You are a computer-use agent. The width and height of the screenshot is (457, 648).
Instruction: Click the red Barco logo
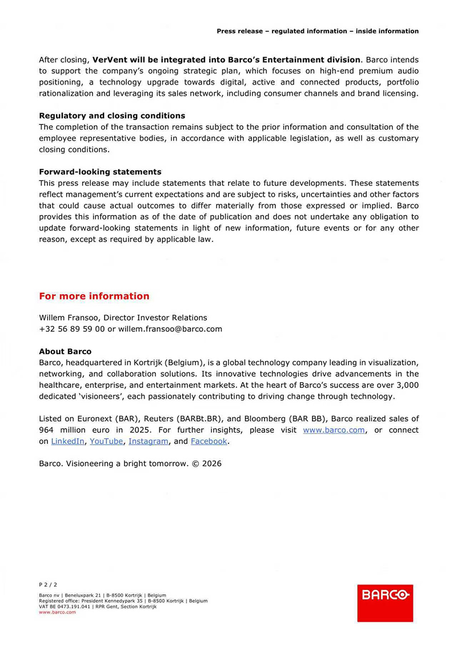[384, 602]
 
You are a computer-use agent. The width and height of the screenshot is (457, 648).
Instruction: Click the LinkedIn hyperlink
[67, 441]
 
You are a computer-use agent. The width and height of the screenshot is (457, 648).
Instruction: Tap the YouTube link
[106, 441]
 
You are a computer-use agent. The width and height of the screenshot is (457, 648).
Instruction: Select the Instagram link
[149, 441]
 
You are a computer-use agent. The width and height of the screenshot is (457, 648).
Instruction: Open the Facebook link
[209, 441]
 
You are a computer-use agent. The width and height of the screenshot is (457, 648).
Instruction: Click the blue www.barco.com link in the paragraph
[334, 430]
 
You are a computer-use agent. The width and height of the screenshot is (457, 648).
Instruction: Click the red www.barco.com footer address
[57, 612]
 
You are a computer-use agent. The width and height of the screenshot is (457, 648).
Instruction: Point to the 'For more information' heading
[94, 296]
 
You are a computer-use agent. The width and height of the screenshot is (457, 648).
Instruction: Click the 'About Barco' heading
[65, 351]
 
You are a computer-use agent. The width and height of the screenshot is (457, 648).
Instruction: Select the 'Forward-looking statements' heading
[100, 172]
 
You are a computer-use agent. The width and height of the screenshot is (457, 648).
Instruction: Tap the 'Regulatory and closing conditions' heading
[112, 116]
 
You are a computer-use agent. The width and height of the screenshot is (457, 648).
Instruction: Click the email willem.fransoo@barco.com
[170, 329]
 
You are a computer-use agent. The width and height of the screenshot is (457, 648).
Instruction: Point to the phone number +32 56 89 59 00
[72, 329]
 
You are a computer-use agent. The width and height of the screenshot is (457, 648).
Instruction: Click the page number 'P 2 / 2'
[48, 585]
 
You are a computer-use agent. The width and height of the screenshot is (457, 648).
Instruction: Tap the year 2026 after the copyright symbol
[211, 463]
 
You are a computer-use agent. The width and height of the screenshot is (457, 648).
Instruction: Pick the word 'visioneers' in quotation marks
[103, 396]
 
